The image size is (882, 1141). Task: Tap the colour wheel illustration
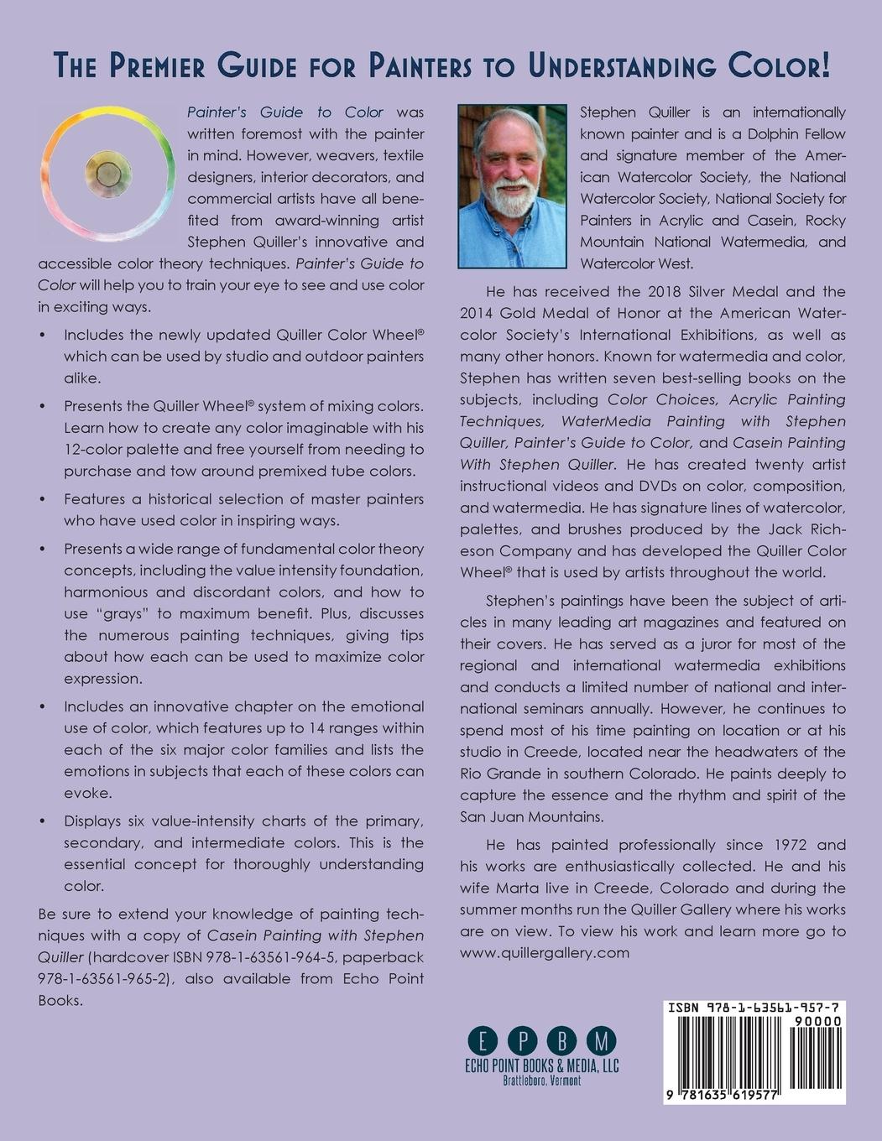(x=107, y=174)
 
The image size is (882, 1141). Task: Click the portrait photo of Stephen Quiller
(x=513, y=186)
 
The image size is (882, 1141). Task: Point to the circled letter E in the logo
(x=482, y=1042)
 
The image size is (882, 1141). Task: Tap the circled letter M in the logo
(x=601, y=1042)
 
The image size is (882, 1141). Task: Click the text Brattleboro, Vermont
(x=541, y=1081)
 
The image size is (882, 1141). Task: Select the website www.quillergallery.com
(x=545, y=952)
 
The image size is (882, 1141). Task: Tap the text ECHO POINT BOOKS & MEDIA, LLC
(x=541, y=1066)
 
